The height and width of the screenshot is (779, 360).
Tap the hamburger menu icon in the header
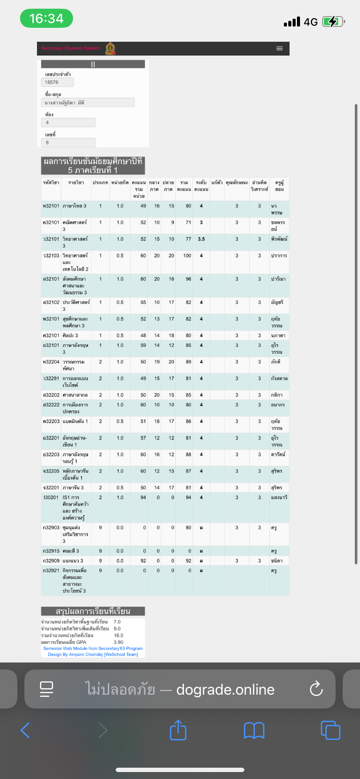click(x=280, y=48)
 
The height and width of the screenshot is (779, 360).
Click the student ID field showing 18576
click(x=57, y=82)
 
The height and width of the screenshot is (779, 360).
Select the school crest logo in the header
click(x=110, y=48)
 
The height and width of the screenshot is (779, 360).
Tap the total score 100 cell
click(x=187, y=256)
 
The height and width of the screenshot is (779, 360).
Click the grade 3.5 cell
click(x=201, y=239)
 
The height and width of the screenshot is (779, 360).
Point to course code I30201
click(x=51, y=497)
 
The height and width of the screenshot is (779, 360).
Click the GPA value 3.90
click(x=118, y=642)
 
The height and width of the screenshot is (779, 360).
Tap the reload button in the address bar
click(x=316, y=689)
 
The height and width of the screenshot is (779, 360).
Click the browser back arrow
click(x=25, y=730)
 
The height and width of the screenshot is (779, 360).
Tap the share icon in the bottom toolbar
click(x=178, y=730)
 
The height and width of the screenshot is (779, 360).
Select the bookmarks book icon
click(x=254, y=730)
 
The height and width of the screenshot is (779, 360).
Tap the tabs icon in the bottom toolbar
click(x=330, y=730)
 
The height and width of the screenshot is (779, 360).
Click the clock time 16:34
click(x=47, y=19)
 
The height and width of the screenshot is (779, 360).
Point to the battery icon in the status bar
click(x=333, y=22)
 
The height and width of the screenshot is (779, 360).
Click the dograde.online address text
click(x=225, y=689)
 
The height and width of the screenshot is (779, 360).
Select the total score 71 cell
click(x=188, y=223)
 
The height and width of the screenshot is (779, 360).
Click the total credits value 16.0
click(x=118, y=636)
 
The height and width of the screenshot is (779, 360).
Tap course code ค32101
click(x=51, y=223)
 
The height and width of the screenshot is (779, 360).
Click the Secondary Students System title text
click(x=70, y=48)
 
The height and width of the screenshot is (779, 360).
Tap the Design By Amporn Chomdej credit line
click(x=93, y=654)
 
